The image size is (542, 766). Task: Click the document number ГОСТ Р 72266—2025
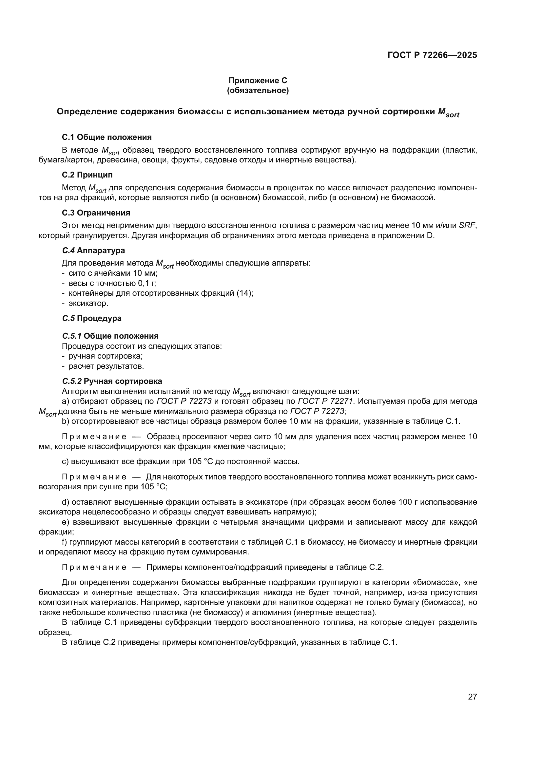click(432, 55)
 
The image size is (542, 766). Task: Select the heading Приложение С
click(258, 81)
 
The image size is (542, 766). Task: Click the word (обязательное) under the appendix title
click(258, 90)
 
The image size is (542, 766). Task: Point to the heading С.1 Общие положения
click(107, 137)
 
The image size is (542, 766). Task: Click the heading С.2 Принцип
click(87, 175)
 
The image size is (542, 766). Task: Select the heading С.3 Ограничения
click(96, 213)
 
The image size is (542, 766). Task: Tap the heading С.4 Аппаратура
click(93, 251)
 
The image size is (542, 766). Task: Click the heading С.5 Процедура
click(92, 318)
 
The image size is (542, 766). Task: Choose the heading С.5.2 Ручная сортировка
click(112, 381)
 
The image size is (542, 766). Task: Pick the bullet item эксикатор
click(88, 304)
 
